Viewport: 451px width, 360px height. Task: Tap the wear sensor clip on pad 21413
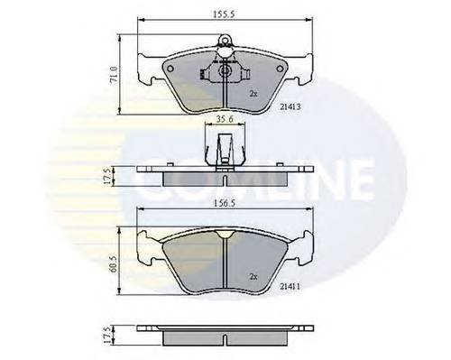222,70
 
